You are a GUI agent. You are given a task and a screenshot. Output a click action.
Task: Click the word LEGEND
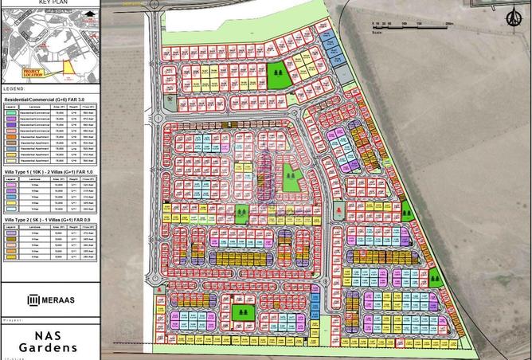pos(14,88)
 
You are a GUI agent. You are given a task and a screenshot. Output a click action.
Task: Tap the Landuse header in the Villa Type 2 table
pos(31,225)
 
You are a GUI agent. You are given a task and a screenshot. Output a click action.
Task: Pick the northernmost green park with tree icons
pos(276,75)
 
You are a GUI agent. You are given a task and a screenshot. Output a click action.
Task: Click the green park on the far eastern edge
pos(436,279)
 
